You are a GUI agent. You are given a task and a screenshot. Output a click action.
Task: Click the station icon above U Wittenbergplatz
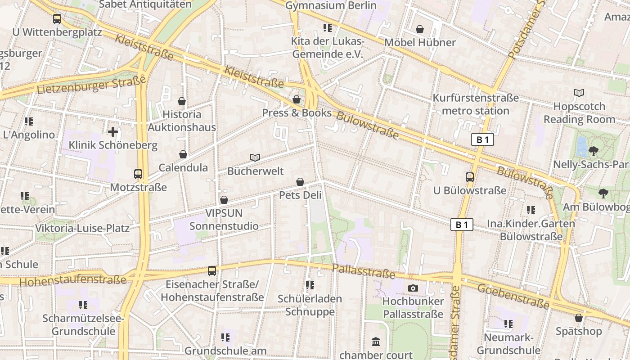point(57,19)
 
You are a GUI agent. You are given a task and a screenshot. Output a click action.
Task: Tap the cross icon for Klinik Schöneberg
point(113,132)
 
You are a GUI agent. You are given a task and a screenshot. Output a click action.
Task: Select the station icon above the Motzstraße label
point(138,174)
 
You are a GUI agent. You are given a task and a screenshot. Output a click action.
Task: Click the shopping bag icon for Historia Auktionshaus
point(182,101)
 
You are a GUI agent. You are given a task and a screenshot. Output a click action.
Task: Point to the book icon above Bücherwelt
point(255,157)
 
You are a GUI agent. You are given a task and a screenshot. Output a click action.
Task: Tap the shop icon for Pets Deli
point(300,182)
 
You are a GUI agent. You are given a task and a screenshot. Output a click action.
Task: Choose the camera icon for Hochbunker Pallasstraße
point(413,288)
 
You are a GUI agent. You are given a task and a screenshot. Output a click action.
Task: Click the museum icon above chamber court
point(376,342)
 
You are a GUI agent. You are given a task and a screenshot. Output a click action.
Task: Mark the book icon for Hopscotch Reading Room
point(579,93)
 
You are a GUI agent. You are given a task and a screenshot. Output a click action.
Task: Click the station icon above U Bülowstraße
point(470,177)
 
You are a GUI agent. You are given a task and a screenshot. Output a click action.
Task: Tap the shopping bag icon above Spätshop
point(579,318)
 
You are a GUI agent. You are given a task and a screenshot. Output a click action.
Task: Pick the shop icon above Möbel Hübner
point(420,29)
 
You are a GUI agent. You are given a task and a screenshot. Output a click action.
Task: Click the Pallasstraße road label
point(364,271)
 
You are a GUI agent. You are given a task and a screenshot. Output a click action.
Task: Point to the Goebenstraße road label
point(513,296)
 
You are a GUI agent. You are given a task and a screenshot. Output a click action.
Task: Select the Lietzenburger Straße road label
point(92,85)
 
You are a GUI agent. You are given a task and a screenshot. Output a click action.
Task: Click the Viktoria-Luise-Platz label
point(82,228)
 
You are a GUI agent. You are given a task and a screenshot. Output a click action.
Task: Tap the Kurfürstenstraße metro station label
point(476,104)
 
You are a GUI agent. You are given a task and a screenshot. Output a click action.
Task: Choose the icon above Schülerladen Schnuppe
point(310,285)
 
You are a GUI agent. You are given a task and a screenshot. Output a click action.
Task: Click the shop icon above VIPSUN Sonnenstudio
point(224,200)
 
